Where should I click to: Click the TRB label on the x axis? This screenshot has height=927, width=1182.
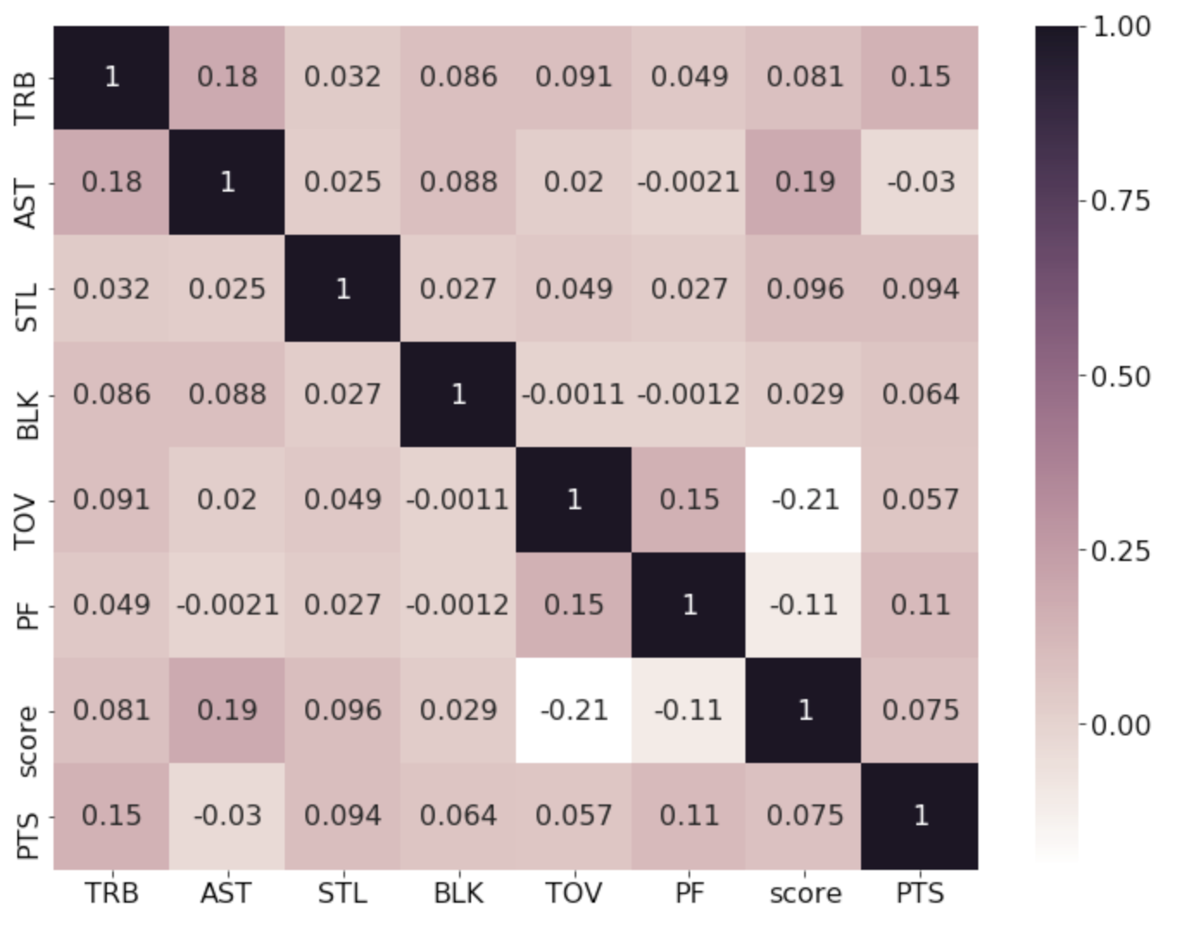coord(112,893)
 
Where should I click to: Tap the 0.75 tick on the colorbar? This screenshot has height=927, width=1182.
coord(1121,201)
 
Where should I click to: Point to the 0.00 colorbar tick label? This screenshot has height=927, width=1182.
coord(1121,725)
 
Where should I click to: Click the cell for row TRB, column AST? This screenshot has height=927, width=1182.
coord(227,78)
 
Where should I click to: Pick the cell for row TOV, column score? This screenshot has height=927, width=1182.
coord(804,500)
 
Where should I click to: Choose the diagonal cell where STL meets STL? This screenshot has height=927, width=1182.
coord(343,288)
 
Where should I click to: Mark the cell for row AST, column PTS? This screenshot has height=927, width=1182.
coord(920,182)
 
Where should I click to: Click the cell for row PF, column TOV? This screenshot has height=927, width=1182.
coord(574,605)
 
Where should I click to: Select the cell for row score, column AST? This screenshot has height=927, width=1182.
coord(227,710)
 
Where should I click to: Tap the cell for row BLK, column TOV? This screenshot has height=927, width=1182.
coord(574,394)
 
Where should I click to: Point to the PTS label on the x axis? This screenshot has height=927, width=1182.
coord(920,893)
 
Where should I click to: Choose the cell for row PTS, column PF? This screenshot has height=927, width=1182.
coord(689,816)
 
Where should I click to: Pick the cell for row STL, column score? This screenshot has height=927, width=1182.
coord(804,288)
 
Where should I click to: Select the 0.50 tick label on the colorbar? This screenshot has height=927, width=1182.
coord(1121,377)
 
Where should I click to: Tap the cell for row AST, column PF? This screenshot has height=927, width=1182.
coord(689,182)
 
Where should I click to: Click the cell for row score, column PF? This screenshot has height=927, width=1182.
coord(689,710)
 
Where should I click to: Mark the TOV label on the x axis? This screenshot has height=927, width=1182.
coord(574,893)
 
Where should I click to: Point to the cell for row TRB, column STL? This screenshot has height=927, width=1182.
coord(343,78)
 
